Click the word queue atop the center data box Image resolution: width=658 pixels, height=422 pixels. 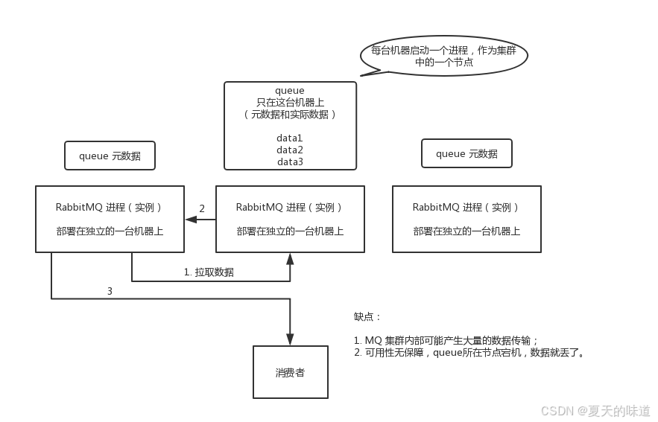click(x=290, y=91)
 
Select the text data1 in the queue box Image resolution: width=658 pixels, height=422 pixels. click(x=290, y=138)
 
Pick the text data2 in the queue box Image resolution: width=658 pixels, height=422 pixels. click(x=290, y=150)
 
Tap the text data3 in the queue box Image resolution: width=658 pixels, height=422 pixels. click(x=290, y=162)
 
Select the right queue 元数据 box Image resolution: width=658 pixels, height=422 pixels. click(x=466, y=154)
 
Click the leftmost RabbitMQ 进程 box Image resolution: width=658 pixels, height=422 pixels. click(x=110, y=219)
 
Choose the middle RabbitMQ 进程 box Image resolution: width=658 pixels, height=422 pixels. click(x=290, y=219)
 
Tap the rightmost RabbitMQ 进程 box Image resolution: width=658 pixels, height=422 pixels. click(x=466, y=219)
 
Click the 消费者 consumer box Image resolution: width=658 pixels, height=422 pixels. click(x=290, y=372)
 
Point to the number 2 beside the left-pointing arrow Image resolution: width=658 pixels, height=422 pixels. click(x=201, y=208)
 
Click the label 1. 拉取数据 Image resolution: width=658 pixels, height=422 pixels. click(x=209, y=272)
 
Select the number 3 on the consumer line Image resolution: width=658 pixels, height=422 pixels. click(x=110, y=292)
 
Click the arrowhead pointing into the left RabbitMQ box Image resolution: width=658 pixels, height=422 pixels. click(x=190, y=219)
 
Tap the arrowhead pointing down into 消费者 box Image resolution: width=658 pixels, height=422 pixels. click(x=290, y=339)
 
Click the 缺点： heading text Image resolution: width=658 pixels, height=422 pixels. click(x=368, y=316)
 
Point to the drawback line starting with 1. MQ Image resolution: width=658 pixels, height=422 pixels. click(x=446, y=340)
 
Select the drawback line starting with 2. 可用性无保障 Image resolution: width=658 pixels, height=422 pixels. click(x=469, y=352)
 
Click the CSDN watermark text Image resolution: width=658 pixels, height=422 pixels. click(x=595, y=410)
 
